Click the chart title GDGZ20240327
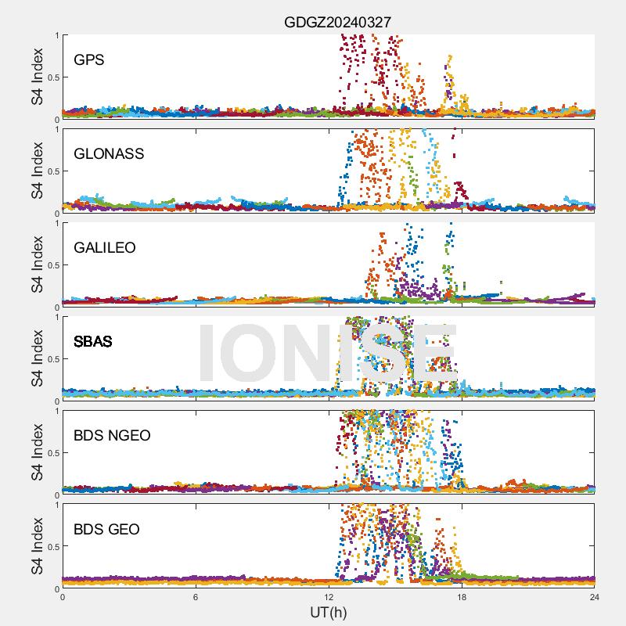click(337, 22)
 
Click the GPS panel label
click(88, 59)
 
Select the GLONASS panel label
click(109, 153)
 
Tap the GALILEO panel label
click(105, 247)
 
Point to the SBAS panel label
click(93, 342)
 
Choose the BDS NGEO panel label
click(112, 436)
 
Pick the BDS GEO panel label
click(106, 530)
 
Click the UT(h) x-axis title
click(329, 612)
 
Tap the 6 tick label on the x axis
click(196, 597)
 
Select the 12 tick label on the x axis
click(329, 597)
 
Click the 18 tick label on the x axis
click(462, 597)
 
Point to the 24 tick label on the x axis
click(595, 597)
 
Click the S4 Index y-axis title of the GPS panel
click(38, 77)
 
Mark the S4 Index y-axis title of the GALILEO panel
click(38, 264)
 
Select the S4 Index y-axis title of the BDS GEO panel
click(38, 546)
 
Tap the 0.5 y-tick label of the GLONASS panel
click(51, 171)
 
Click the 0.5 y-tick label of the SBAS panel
click(51, 359)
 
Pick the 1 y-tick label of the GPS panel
click(56, 35)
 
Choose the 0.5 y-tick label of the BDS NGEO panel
click(51, 453)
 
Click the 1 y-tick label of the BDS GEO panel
click(56, 505)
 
